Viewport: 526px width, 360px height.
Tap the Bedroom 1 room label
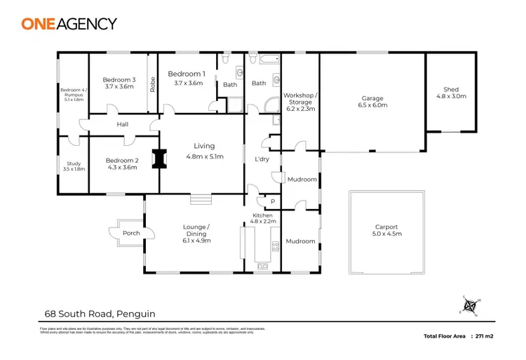click(x=186, y=78)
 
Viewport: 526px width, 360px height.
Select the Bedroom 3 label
click(x=119, y=84)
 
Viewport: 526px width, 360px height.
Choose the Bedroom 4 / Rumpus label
click(x=72, y=95)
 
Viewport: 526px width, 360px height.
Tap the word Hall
click(x=123, y=124)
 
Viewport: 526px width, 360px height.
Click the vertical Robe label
click(x=151, y=84)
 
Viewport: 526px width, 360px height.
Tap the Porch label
click(x=131, y=233)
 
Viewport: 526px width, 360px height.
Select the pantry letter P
click(x=271, y=201)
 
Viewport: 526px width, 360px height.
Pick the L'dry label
click(x=262, y=159)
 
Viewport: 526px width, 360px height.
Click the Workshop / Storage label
click(x=300, y=102)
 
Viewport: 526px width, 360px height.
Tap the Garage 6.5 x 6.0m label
click(x=372, y=102)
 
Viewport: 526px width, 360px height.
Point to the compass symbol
click(x=470, y=306)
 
